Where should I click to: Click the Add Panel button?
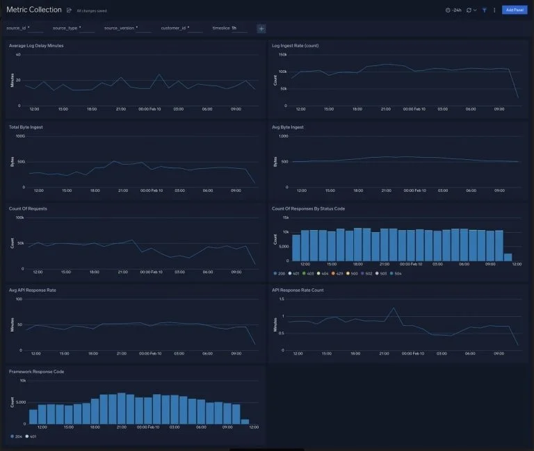click(x=515, y=10)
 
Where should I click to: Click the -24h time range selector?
click(x=453, y=10)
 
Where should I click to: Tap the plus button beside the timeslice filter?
click(x=261, y=28)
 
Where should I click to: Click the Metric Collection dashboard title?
click(x=34, y=10)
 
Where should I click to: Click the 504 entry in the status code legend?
click(x=397, y=273)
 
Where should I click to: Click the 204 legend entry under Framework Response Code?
click(x=17, y=436)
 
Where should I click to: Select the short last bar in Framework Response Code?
click(x=245, y=421)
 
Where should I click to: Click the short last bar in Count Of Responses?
click(x=508, y=256)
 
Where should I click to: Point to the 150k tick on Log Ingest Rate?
click(x=283, y=54)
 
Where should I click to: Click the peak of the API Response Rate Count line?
click(x=394, y=308)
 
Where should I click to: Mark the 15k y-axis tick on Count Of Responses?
click(x=285, y=218)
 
